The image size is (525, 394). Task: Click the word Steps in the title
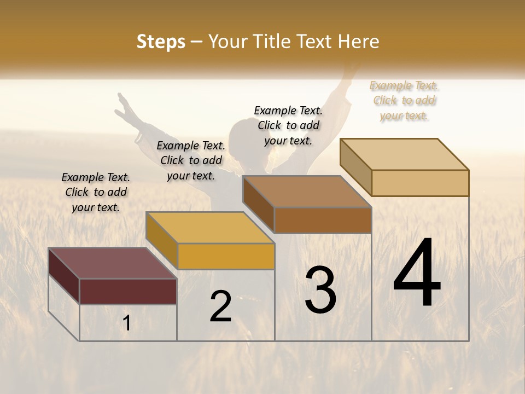coord(161,42)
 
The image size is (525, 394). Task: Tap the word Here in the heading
coord(358,42)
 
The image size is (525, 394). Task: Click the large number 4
coord(417,274)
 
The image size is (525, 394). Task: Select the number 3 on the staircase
coord(320,290)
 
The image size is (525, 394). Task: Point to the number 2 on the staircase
coord(221,306)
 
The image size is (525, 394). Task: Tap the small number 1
coord(127,323)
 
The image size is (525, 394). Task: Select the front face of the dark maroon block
coord(128,291)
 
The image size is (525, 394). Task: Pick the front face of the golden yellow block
coord(226,256)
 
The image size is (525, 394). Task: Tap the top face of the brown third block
coord(307,192)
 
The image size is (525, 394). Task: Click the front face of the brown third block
coord(323,220)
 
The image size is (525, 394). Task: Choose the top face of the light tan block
coord(404,154)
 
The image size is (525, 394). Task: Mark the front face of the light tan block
coord(420,183)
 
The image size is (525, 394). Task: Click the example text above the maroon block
coord(96,192)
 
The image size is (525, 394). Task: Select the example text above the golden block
coord(191,160)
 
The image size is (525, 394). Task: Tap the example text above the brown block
coord(288,125)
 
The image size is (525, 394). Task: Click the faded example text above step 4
coord(404,100)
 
